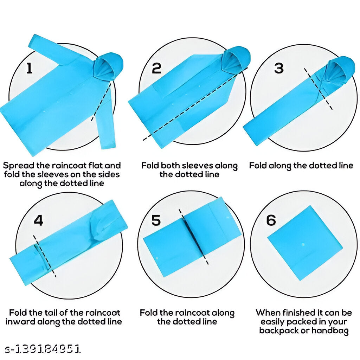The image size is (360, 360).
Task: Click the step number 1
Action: pyautogui.click(x=30, y=68)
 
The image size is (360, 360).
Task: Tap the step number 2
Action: pyautogui.click(x=156, y=68)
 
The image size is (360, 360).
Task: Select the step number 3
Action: pyautogui.click(x=279, y=68)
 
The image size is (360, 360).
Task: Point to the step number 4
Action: pyautogui.click(x=38, y=220)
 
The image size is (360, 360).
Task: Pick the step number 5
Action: pyautogui.click(x=156, y=220)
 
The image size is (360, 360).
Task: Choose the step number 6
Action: pyautogui.click(x=271, y=220)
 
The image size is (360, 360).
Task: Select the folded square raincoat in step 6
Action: pyautogui.click(x=305, y=243)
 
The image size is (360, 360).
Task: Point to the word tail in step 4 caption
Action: pyautogui.click(x=50, y=313)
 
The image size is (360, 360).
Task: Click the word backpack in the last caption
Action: pyautogui.click(x=283, y=330)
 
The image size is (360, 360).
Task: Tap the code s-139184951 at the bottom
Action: pyautogui.click(x=43, y=349)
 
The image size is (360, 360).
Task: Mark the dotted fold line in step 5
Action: pyautogui.click(x=194, y=237)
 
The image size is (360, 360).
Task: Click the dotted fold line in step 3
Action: pyautogui.click(x=318, y=89)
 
